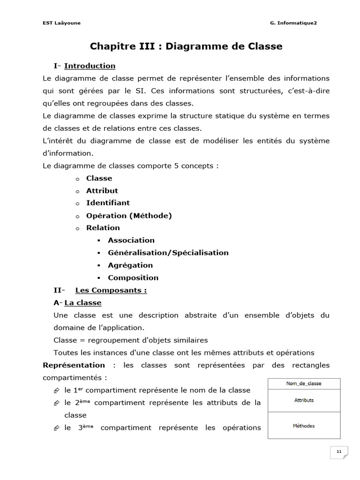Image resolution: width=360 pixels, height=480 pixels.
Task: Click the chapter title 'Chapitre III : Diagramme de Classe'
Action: tap(186, 46)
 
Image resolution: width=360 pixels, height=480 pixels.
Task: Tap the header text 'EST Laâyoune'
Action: tap(61, 23)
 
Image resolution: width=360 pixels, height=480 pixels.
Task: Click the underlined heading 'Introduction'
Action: tap(90, 66)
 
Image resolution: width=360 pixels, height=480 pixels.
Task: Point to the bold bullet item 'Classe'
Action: tap(99, 178)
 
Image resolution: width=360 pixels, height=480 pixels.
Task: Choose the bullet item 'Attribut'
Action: tap(102, 191)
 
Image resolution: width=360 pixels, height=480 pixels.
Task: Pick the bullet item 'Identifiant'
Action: tap(108, 203)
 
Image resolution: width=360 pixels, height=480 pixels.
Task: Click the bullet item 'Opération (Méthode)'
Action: tap(129, 216)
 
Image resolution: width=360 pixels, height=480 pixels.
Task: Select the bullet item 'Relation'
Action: tap(103, 228)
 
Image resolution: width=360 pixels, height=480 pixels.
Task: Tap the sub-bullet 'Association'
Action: tap(131, 240)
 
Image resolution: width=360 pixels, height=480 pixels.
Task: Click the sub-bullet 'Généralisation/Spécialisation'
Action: tap(168, 253)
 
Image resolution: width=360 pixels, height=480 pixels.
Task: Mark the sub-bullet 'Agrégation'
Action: tap(130, 265)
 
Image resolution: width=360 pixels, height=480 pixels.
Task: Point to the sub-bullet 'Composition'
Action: tap(133, 277)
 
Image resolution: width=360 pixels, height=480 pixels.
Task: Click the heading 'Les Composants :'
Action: tap(111, 290)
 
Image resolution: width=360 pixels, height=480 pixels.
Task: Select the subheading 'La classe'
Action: tap(82, 303)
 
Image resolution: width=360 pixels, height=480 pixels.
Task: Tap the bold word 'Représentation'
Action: tap(74, 365)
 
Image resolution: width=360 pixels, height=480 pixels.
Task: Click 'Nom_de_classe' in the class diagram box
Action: tap(304, 383)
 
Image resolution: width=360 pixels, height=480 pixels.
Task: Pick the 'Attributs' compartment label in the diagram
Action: tap(304, 400)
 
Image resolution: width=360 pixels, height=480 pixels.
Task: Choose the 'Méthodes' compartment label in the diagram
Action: tap(304, 426)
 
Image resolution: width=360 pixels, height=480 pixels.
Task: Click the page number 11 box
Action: tap(339, 452)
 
